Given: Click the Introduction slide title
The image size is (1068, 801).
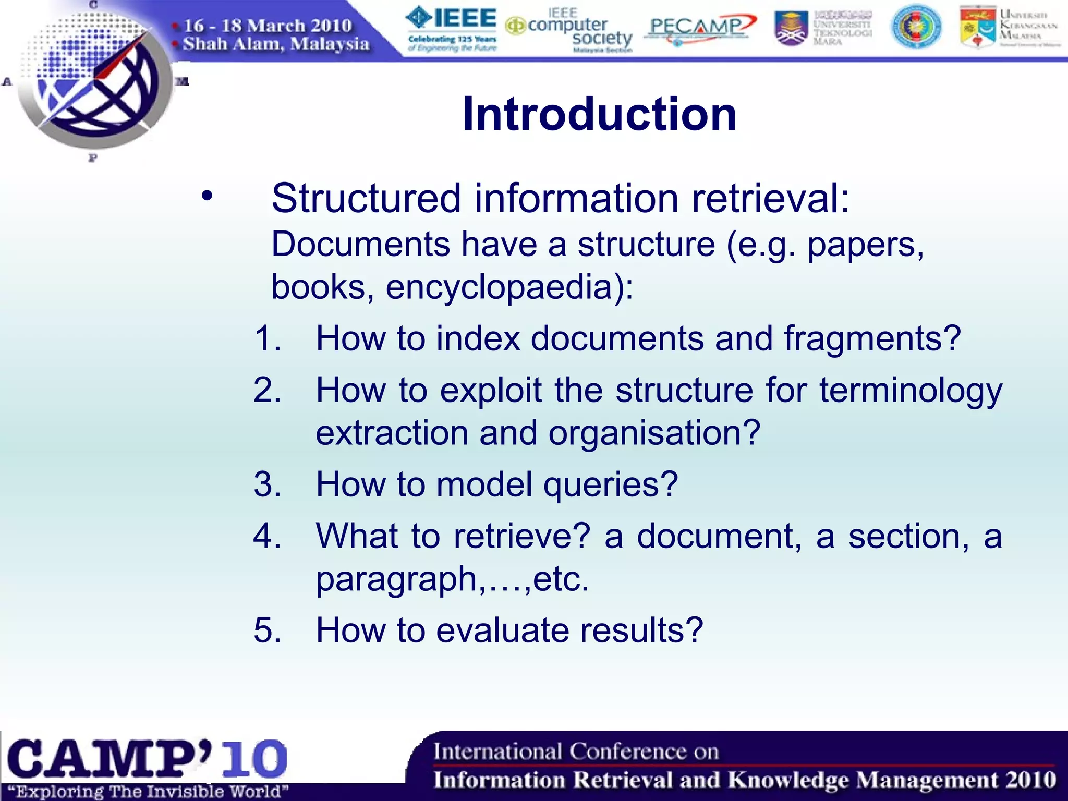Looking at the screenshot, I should pos(599,114).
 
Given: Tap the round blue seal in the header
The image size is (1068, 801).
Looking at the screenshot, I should pos(916,28).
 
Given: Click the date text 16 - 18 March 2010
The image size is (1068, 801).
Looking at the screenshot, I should pos(268,26).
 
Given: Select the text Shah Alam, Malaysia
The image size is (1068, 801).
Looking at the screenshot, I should pos(275,44).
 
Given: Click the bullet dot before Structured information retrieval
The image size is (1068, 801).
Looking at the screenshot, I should pos(207,197).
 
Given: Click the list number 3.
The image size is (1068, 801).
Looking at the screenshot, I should pos(266,484).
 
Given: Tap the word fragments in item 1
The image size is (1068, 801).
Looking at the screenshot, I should pos(872,339).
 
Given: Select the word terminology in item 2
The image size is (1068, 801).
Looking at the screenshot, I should pos(911,391).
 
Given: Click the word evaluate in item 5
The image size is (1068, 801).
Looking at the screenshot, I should pos(504,630).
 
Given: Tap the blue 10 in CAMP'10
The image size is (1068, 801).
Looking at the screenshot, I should pos(254,759).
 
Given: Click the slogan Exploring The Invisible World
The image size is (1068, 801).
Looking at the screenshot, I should pos(148,792).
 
